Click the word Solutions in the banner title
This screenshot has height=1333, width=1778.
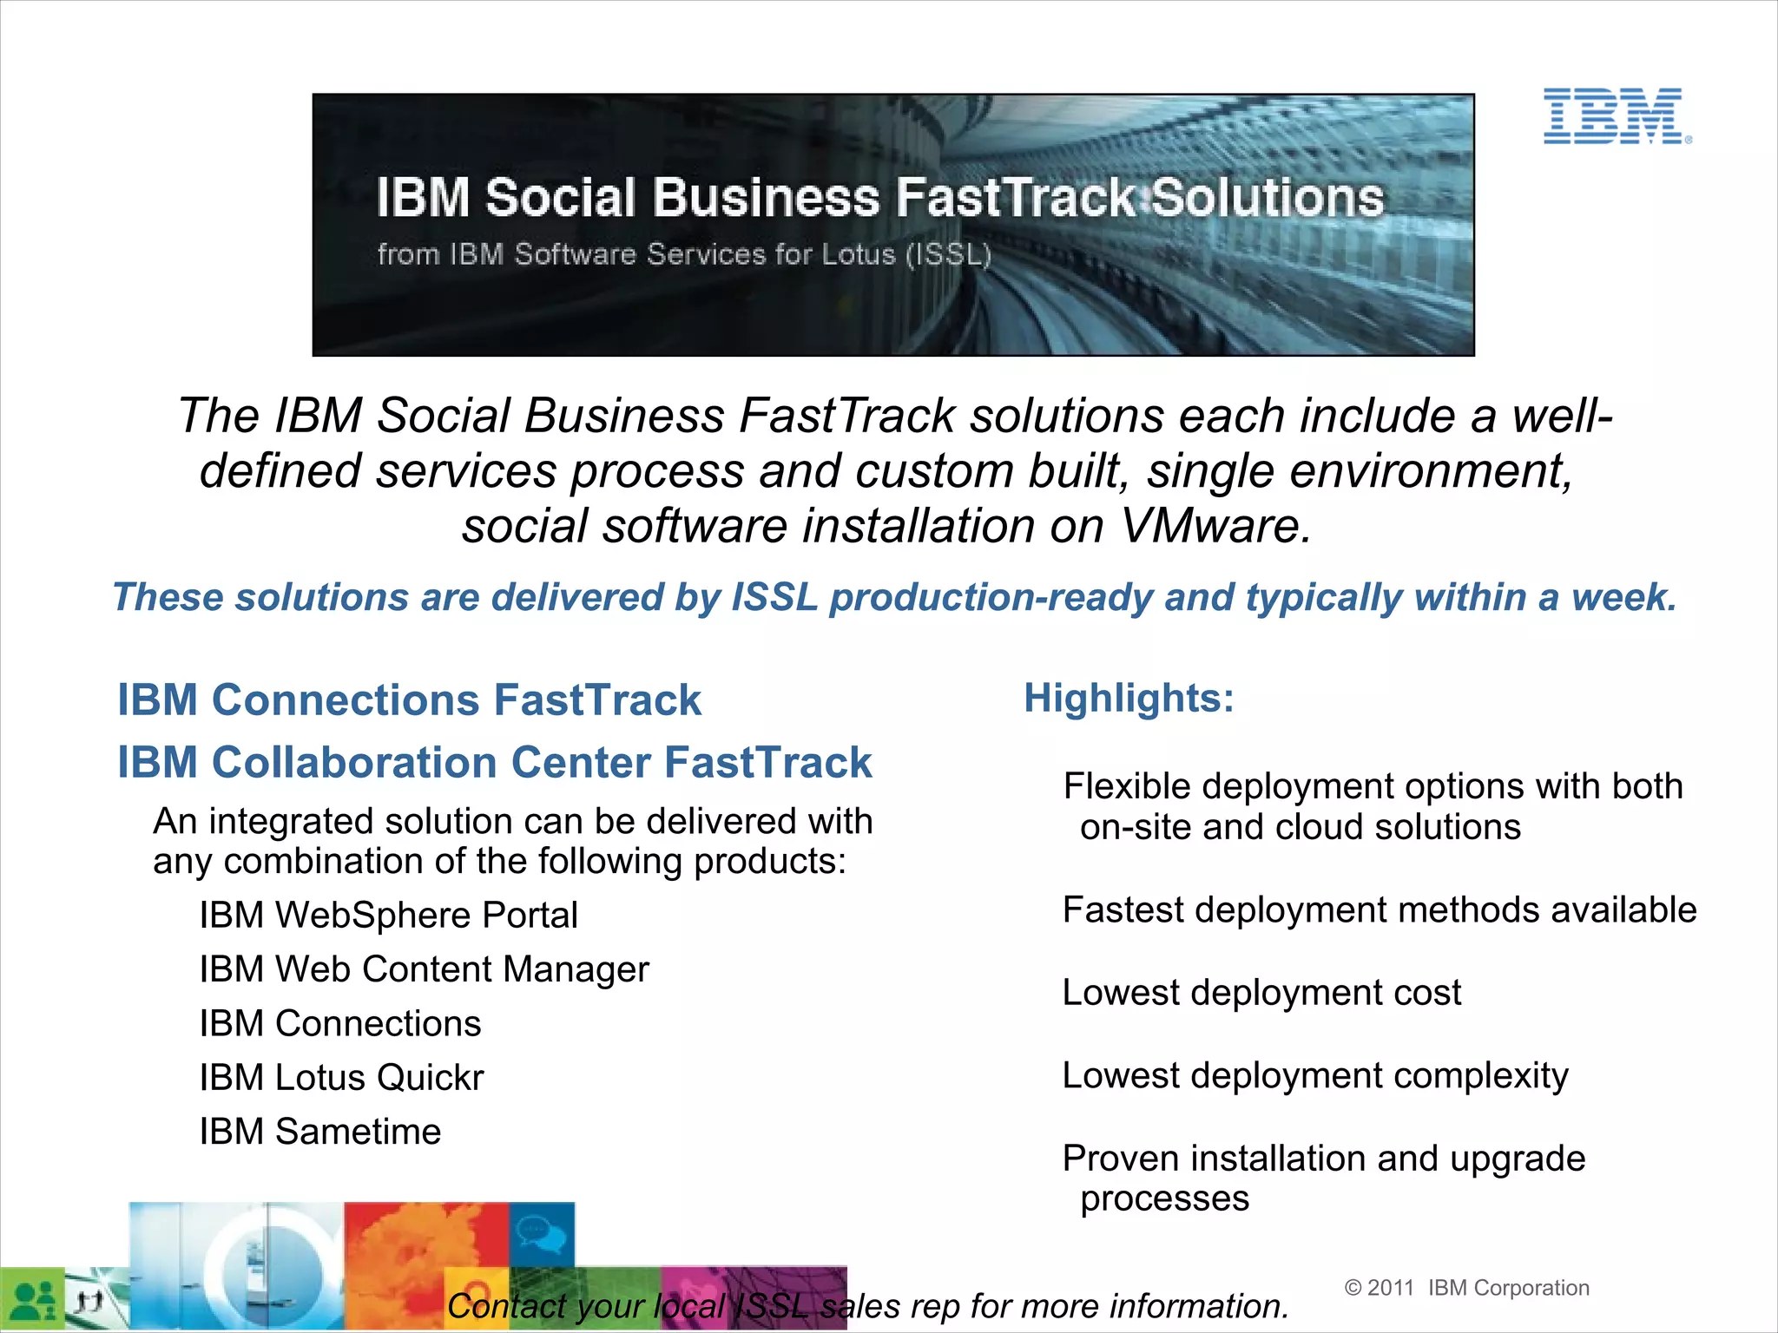[x=1268, y=198]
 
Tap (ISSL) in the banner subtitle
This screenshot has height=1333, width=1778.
[x=948, y=254]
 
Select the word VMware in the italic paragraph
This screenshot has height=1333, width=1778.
[x=1215, y=526]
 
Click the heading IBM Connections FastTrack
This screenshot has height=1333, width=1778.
[x=409, y=700]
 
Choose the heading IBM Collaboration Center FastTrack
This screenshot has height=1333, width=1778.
[x=494, y=763]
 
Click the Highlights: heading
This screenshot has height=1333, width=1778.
[x=1129, y=698]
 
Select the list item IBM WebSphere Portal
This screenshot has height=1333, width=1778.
[x=388, y=916]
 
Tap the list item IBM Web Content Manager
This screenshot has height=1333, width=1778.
[x=424, y=969]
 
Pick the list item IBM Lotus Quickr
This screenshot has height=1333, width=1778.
[x=341, y=1078]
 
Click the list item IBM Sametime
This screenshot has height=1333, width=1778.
[x=320, y=1132]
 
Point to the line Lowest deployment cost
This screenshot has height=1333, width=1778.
[x=1261, y=993]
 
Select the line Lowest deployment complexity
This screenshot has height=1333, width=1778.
[x=1315, y=1076]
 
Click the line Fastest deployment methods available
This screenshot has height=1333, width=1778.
[x=1379, y=910]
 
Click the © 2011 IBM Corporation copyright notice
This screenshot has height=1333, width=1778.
[x=1466, y=1288]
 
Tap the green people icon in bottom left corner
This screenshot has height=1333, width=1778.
[x=33, y=1299]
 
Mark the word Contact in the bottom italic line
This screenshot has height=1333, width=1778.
[x=502, y=1306]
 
